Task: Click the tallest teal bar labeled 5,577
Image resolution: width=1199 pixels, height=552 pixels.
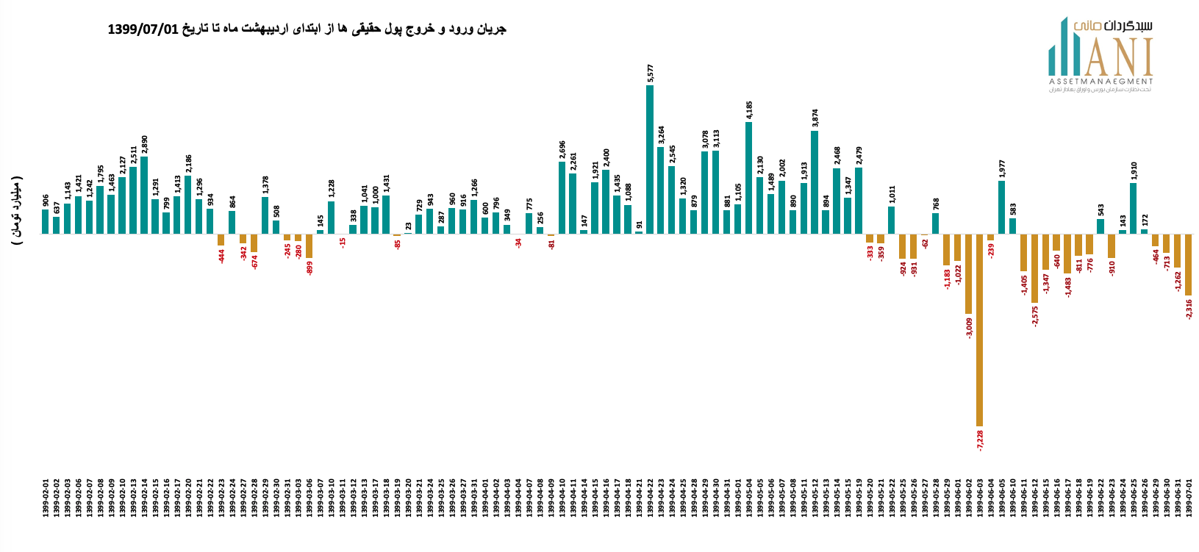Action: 650,159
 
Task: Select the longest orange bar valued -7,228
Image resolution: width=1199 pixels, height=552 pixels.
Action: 980,330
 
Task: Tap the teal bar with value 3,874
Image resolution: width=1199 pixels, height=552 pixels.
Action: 815,182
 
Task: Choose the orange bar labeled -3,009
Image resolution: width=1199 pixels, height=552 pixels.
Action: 969,274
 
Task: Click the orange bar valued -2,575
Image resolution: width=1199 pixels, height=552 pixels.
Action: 1035,268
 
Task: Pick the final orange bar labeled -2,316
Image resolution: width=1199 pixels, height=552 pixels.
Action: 1188,265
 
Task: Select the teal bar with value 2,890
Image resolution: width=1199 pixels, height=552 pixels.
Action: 144,195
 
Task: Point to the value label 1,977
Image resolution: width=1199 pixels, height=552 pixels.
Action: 1002,168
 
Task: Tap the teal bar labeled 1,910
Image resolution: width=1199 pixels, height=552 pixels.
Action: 1134,208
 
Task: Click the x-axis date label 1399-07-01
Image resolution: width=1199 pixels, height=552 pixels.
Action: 1188,498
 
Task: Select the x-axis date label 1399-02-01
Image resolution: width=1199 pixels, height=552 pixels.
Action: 46,498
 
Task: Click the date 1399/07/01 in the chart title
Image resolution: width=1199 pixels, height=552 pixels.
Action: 143,29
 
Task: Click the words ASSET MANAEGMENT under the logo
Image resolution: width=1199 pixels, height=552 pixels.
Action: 1100,81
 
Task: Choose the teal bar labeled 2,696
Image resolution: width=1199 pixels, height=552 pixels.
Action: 562,198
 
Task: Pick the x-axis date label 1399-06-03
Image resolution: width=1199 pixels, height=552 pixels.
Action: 980,498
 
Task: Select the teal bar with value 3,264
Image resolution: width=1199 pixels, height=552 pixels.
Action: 661,190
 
